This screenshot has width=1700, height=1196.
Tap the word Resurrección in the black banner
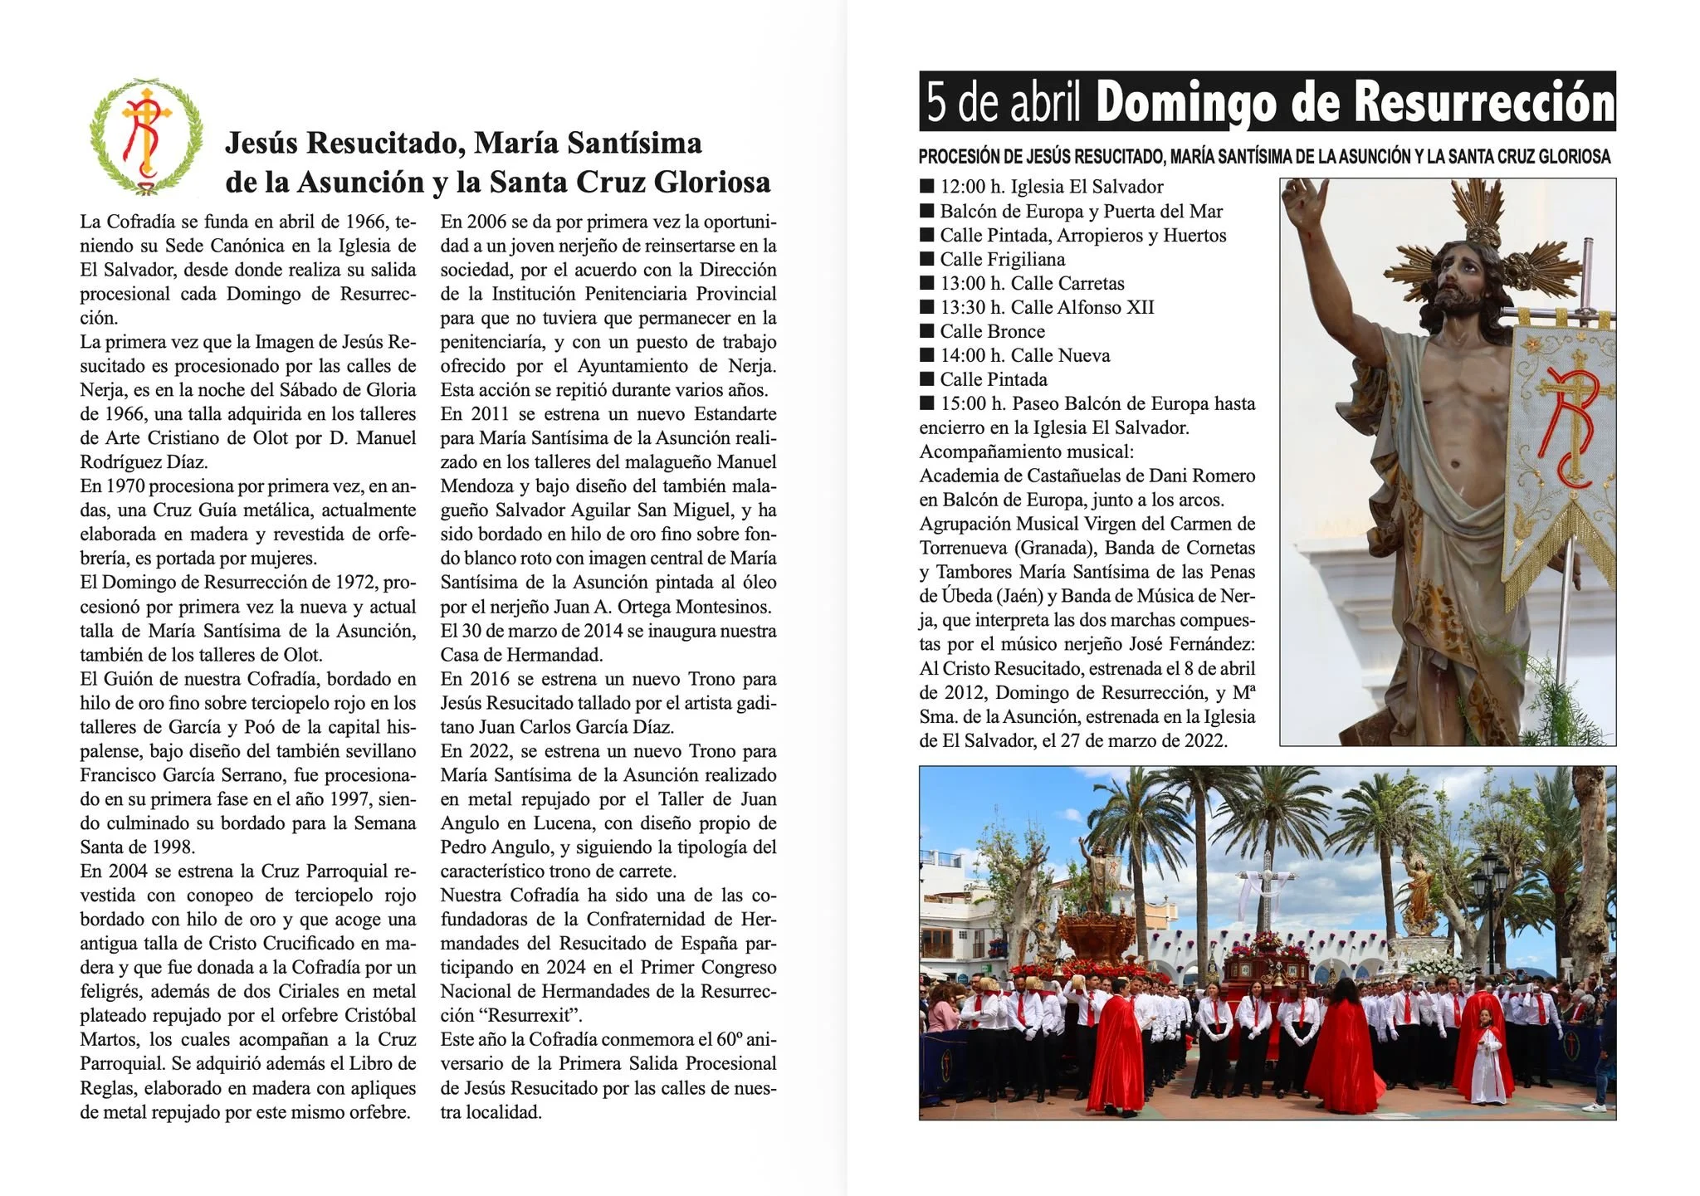coord(1484,102)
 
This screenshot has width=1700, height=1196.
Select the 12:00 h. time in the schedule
coord(971,188)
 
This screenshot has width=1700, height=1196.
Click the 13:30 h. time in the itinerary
coord(971,308)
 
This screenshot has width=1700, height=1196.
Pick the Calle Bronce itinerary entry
coord(992,332)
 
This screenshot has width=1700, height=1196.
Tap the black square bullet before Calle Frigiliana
coord(927,260)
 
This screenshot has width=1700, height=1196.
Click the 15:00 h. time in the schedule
coord(971,404)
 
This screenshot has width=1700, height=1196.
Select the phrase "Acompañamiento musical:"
coord(1026,452)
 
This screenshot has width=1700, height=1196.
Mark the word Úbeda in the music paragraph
coord(965,597)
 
